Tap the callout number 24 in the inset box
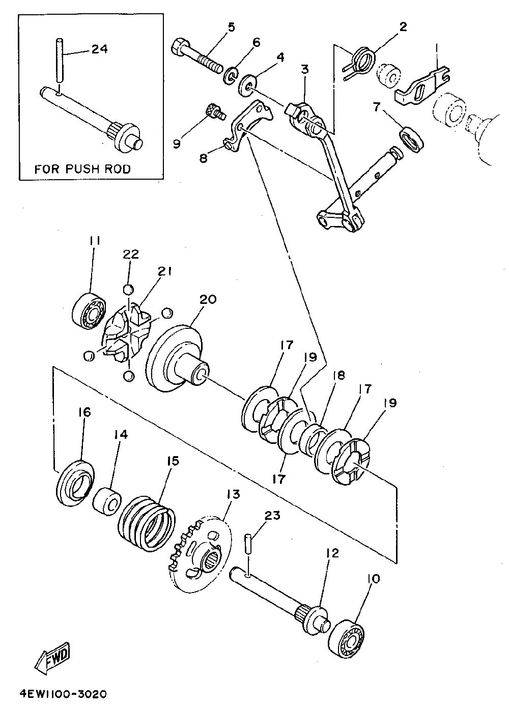click(x=99, y=49)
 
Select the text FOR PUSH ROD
click(x=82, y=169)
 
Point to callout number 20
click(x=208, y=299)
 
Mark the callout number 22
click(x=131, y=254)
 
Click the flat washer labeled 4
click(x=248, y=86)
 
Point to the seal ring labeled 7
click(x=411, y=139)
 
